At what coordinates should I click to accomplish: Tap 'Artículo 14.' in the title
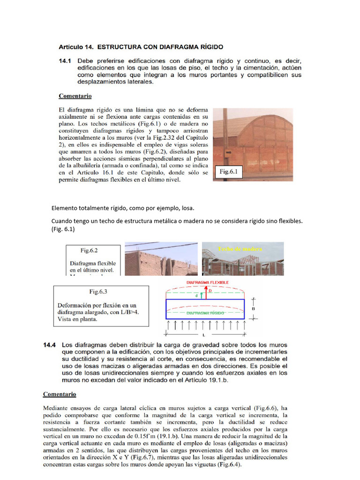coord(75,47)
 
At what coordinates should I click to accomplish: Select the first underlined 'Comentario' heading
coord(75,96)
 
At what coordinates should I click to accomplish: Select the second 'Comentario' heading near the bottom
coord(60,394)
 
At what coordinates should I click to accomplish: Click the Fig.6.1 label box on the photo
coord(229,172)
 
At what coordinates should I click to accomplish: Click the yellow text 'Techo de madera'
coord(240,249)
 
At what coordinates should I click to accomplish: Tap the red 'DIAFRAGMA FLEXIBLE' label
coord(208,283)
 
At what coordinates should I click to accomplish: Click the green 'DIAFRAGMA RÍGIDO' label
coord(206,312)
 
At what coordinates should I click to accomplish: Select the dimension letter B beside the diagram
coord(254,309)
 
